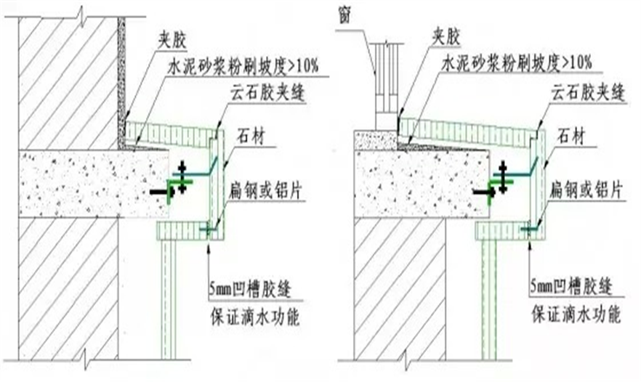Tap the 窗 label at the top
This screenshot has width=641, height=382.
345,16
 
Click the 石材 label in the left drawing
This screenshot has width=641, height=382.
250,133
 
